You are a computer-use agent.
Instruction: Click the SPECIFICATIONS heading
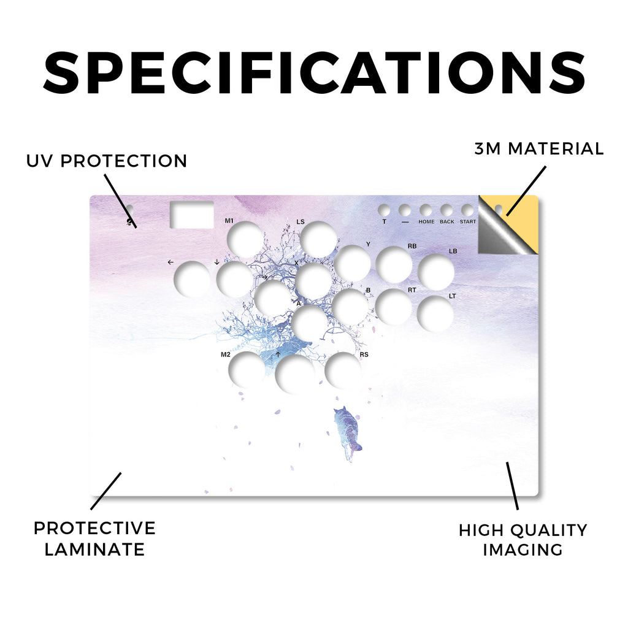pos(315,74)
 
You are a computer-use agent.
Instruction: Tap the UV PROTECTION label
pos(107,161)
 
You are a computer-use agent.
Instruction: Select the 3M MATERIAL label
pos(539,148)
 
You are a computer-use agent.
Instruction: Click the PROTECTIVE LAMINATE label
pos(94,538)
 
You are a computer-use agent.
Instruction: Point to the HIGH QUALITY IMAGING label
pos(523,540)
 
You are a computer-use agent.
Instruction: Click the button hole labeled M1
pos(245,240)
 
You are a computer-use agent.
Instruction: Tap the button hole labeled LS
pos(318,240)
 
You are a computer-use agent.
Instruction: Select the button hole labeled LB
pos(436,272)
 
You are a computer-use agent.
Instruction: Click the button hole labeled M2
pos(247,370)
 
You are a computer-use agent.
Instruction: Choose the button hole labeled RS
pos(343,370)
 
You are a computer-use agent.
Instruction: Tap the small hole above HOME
pos(426,210)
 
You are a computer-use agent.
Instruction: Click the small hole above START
pos(467,210)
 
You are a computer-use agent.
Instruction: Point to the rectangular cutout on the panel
pos(192,215)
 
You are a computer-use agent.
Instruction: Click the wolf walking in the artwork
pos(347,434)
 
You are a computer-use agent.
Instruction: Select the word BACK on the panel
pos(447,222)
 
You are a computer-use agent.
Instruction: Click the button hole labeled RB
pos(394,265)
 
